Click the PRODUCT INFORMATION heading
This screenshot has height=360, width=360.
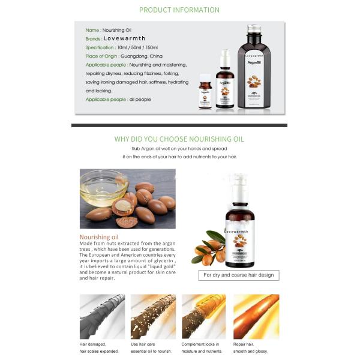(179, 10)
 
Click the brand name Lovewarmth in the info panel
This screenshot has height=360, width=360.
(124, 38)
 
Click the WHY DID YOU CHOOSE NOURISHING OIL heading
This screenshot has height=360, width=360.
(179, 139)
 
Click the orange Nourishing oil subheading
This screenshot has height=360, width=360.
(98, 236)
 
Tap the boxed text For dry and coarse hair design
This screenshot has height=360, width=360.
(238, 275)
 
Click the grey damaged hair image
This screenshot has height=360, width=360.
(102, 316)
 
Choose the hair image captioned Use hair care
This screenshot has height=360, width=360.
(153, 316)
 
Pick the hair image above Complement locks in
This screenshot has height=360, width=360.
(204, 316)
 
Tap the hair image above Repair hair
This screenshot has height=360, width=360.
(256, 316)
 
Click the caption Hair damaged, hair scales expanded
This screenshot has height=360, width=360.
(99, 347)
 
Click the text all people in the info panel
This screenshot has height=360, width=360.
(140, 100)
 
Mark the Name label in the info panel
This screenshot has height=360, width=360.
(92, 30)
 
